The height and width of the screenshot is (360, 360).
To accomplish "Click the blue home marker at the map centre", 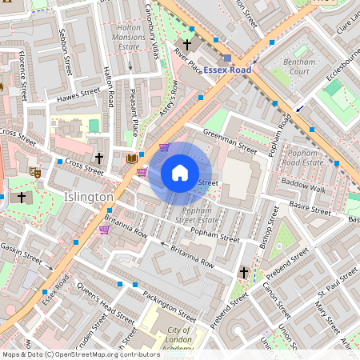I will click(x=180, y=173).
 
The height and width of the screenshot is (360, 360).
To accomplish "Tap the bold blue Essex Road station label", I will click(x=227, y=70).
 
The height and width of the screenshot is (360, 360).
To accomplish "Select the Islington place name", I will click(x=89, y=196).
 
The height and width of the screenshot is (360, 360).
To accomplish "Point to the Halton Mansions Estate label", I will click(x=130, y=37).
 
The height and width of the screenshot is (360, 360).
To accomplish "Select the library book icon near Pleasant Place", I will click(x=132, y=158).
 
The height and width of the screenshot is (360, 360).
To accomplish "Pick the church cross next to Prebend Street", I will click(x=243, y=273).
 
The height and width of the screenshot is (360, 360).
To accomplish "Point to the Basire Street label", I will click(x=310, y=209).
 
